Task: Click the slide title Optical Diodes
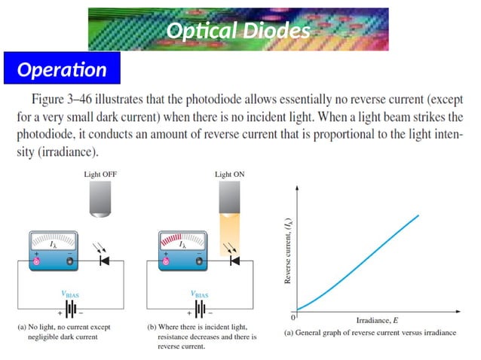coord(238,31)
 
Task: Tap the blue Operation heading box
coord(62,70)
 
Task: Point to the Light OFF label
coord(100,174)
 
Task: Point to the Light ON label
coord(229,174)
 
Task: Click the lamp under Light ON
coord(229,197)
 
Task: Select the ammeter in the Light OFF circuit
coord(53,249)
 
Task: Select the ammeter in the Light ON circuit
coord(182,249)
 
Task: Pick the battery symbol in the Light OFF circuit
coord(72,310)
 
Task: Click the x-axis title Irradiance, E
coord(378,319)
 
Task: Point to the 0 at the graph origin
coord(293,313)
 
